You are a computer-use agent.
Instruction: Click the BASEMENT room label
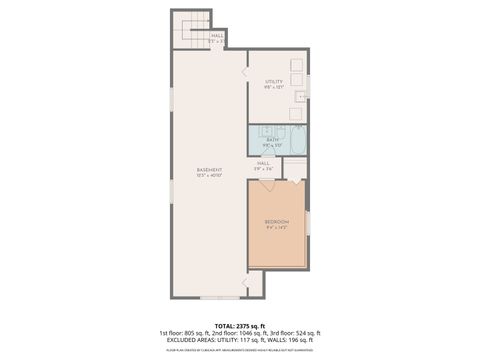point(209,169)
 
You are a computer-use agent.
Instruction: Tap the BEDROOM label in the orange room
point(276,220)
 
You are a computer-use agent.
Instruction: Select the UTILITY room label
point(274,81)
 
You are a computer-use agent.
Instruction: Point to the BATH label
point(272,139)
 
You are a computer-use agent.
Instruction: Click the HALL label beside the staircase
point(217,36)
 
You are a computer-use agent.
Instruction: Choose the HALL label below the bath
point(263,162)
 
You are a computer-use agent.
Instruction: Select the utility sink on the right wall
point(300,98)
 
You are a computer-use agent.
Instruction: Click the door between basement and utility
point(243,71)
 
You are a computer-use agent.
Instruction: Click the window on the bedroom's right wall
point(308,223)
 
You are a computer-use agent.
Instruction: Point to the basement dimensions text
point(209,176)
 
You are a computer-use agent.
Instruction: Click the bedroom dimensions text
point(276,227)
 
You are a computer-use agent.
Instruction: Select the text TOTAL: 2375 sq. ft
point(239,325)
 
